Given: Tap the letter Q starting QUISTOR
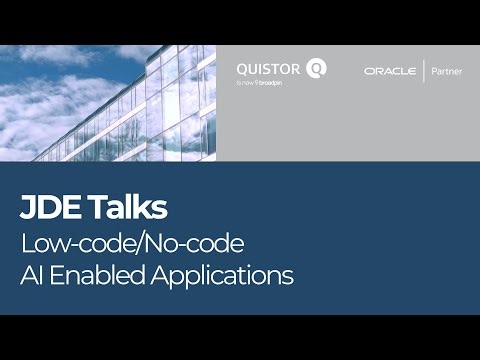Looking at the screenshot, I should (241, 68).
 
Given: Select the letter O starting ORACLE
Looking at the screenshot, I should (368, 72).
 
